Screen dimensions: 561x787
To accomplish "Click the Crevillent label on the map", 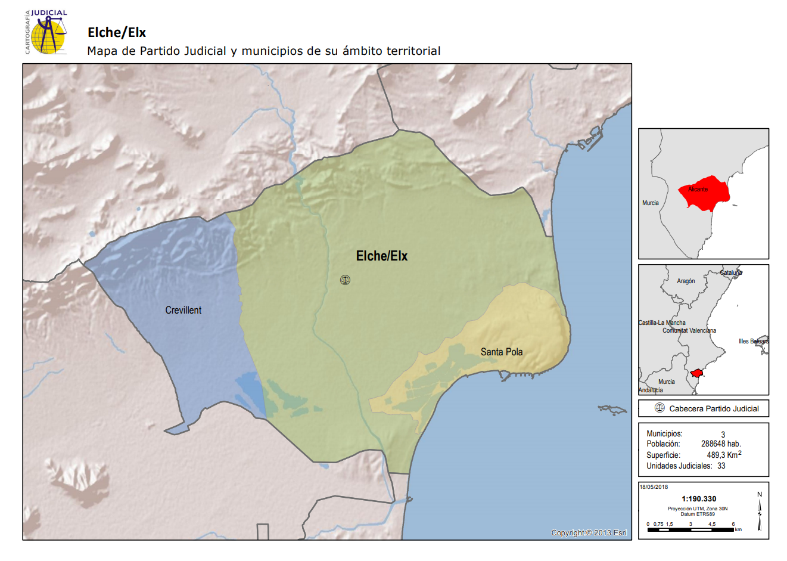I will (183, 310).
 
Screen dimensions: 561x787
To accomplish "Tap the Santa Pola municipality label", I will (502, 352).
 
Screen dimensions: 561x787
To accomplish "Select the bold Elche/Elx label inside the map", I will (381, 256).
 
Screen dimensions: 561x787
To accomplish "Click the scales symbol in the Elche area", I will (345, 280).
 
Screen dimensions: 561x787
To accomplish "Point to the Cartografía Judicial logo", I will (46, 32).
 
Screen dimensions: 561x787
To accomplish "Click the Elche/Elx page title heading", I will (117, 33).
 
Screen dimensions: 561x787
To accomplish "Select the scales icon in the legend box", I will (660, 408).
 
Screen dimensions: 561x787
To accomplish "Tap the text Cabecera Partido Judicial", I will (714, 409).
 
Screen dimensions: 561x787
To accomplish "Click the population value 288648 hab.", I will (721, 444).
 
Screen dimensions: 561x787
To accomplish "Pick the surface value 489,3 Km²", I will (724, 454).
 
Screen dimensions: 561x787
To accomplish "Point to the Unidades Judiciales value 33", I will (721, 466).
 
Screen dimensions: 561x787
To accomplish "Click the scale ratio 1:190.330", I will (699, 499).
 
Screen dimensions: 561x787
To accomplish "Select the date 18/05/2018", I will (654, 487).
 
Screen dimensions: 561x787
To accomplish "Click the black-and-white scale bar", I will (691, 529).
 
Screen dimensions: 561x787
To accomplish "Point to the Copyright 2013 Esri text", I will (589, 532).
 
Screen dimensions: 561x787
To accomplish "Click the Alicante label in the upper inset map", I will (698, 190).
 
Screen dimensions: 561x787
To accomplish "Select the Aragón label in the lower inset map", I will (686, 281).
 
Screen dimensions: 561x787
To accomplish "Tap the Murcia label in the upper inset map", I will (651, 203).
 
